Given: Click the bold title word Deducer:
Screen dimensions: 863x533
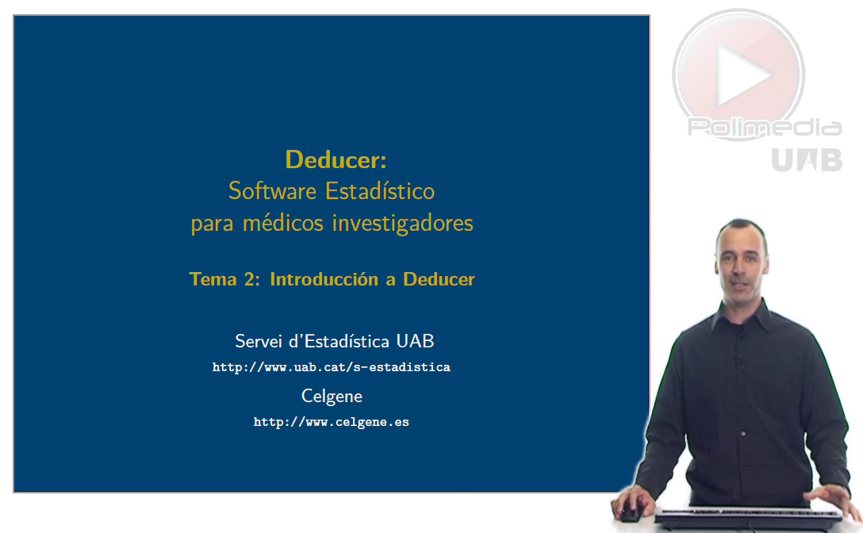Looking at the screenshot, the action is coord(336,160).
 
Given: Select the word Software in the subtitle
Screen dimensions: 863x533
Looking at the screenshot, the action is coord(272,191).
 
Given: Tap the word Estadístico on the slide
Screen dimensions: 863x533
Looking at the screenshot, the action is coord(380,191).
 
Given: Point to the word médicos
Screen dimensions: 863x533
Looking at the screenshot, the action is coord(283,223).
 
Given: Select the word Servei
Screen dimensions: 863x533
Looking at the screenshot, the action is coord(258,341).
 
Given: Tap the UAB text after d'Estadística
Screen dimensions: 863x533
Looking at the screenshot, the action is coord(415,341).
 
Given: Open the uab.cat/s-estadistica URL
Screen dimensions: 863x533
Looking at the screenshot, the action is coord(332,367).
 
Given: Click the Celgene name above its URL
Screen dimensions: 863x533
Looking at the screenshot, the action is coord(332,397).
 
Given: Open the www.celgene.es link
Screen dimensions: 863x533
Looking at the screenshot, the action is coord(332,422).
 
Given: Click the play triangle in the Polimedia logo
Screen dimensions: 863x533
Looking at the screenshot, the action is coord(742,75).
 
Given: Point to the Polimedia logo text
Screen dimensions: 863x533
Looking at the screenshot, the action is coord(765,128).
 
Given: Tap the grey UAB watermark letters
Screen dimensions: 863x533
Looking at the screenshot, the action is coord(807,159).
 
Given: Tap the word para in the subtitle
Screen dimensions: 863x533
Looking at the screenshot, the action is coord(213,224).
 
